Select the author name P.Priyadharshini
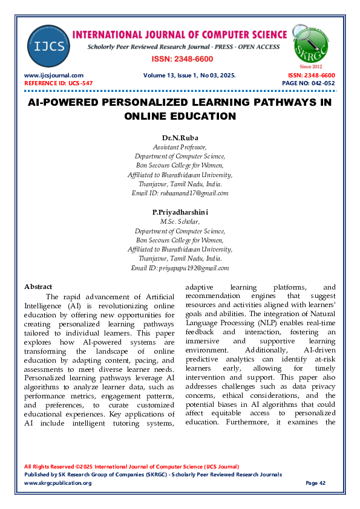click(x=180, y=212)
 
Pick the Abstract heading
click(x=38, y=287)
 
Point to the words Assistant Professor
click(x=180, y=146)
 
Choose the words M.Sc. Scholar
click(x=180, y=222)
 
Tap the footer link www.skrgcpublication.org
click(x=57, y=483)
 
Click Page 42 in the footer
click(x=315, y=483)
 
